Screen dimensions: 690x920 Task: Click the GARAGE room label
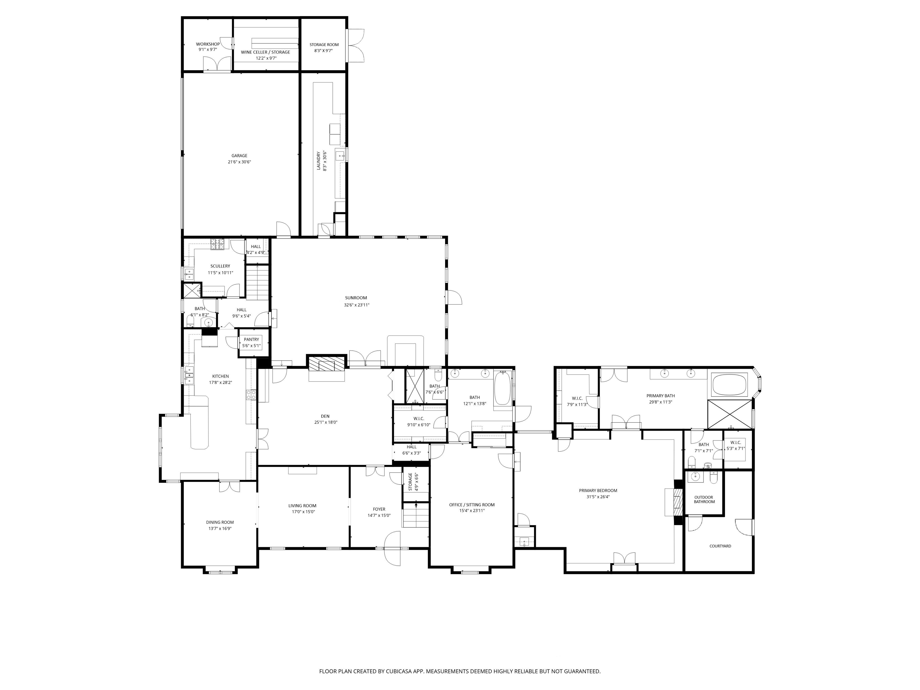(x=239, y=155)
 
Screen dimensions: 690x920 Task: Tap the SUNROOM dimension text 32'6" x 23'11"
(x=356, y=305)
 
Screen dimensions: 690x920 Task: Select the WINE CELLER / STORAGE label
(x=265, y=52)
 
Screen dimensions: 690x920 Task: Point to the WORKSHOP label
(x=208, y=44)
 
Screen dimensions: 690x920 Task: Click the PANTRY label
(x=251, y=339)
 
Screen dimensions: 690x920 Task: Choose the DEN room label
(x=325, y=416)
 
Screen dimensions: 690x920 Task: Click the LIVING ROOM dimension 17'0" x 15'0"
(x=303, y=512)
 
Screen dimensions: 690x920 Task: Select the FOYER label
(x=379, y=509)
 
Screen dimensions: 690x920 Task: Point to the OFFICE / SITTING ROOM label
(x=472, y=505)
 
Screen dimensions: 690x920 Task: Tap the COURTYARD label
(x=720, y=546)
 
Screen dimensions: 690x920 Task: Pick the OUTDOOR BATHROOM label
(x=703, y=500)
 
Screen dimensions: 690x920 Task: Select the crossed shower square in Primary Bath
(x=730, y=414)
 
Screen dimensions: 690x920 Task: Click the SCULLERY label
(x=220, y=266)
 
